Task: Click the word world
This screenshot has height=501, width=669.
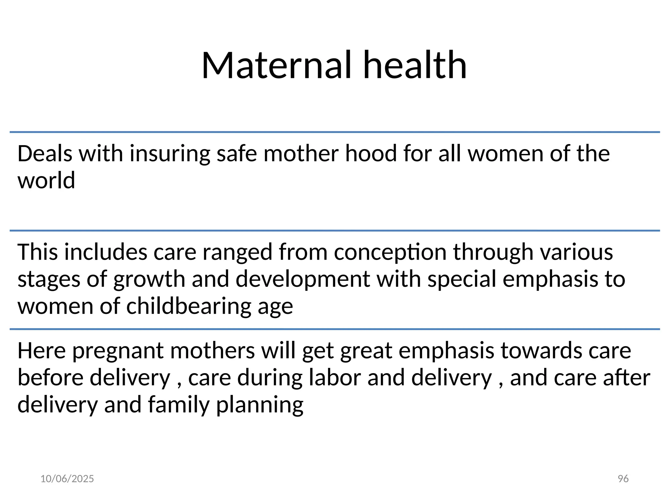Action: (x=46, y=180)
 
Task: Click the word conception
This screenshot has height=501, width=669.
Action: (x=390, y=252)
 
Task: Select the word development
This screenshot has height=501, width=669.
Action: (x=303, y=280)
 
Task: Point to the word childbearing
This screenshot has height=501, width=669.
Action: (x=189, y=307)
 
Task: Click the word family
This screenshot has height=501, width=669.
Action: (x=178, y=405)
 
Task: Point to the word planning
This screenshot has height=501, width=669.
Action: (x=260, y=405)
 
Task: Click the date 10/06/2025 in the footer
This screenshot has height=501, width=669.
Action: (x=67, y=479)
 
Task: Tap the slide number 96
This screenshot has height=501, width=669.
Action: (x=623, y=479)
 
